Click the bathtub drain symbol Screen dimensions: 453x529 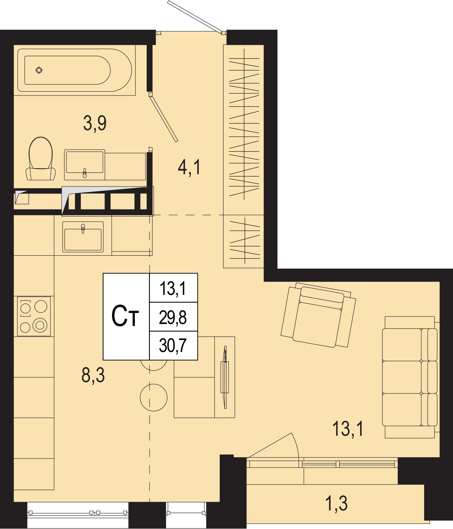(39, 70)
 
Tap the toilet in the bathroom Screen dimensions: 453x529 (41, 159)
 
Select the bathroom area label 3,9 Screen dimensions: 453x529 (95, 123)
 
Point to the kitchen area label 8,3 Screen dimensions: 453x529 (93, 375)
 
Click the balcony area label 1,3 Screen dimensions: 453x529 (336, 504)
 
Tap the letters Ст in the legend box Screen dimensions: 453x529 (125, 316)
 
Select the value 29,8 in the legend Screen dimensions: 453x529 (173, 317)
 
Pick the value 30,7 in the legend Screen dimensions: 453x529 (173, 345)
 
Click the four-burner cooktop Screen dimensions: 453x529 (34, 316)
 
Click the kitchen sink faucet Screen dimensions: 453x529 (83, 229)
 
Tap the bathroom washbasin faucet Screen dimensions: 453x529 (84, 173)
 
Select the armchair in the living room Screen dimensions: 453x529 (318, 315)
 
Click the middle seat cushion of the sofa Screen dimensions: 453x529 (402, 377)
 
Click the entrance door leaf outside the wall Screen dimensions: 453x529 (195, 16)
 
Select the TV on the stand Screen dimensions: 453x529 (225, 377)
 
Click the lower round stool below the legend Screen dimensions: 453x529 (154, 397)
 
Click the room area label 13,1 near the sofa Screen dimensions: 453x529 (348, 429)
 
